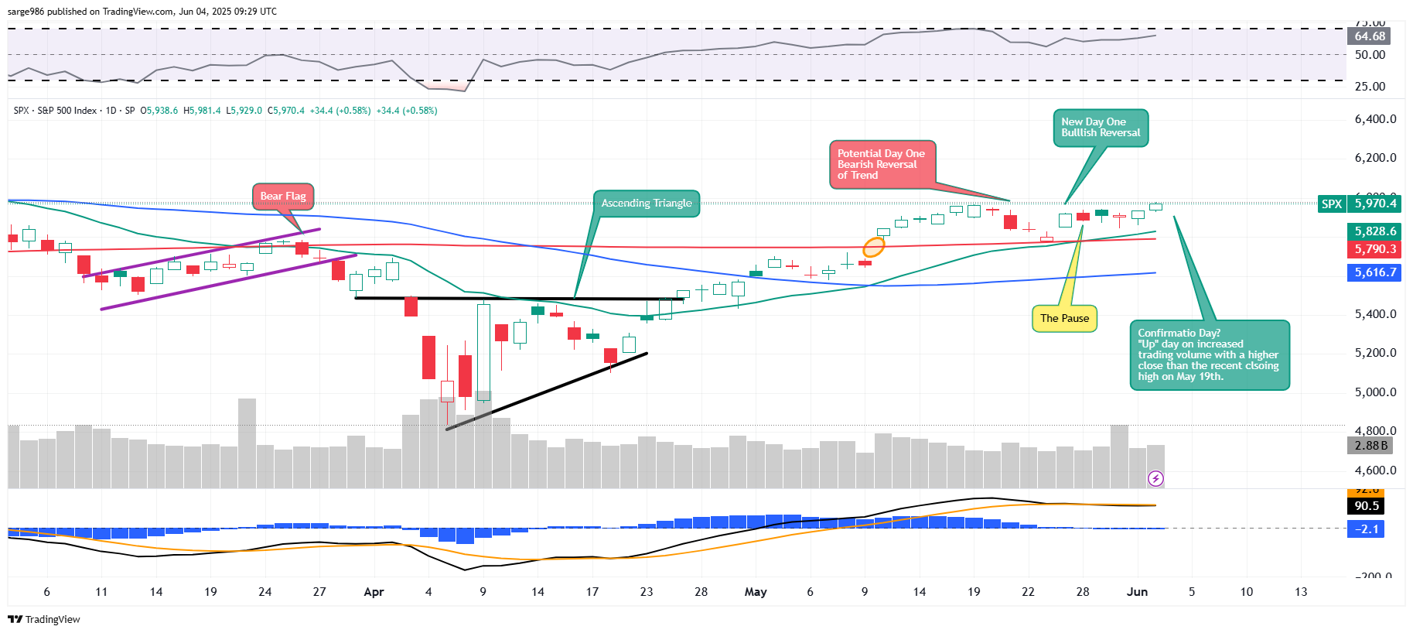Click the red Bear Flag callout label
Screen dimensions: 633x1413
(x=283, y=197)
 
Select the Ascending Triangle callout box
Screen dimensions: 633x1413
(x=647, y=204)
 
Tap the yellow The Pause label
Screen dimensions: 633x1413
(x=1064, y=318)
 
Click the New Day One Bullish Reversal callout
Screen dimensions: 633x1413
(x=1100, y=128)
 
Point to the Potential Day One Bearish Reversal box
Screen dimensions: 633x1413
(x=882, y=164)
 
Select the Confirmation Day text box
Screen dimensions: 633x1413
(x=1209, y=354)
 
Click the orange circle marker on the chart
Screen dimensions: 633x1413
(x=873, y=248)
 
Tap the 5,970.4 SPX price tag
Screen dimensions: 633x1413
(x=1375, y=204)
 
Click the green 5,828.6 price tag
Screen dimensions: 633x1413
(x=1375, y=231)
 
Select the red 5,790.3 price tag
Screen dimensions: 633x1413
(x=1375, y=249)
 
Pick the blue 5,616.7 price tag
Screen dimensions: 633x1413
(x=1375, y=272)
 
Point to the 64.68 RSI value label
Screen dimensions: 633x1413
(x=1370, y=36)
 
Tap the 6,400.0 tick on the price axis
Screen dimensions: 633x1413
(x=1375, y=119)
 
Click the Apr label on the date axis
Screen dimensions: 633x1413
(x=374, y=592)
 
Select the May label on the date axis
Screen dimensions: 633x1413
(x=756, y=592)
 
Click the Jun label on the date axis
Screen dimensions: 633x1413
(x=1137, y=592)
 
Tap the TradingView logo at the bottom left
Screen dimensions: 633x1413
(x=44, y=619)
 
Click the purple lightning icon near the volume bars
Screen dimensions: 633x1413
(x=1155, y=479)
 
